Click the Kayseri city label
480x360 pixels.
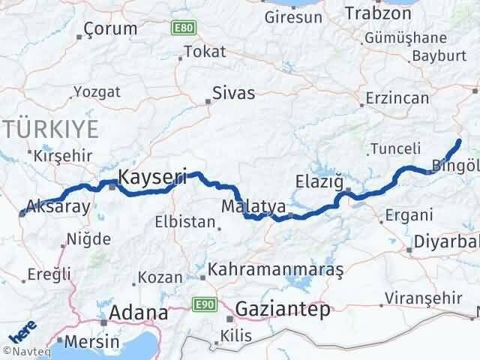point(153,178)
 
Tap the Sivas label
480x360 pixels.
point(233,94)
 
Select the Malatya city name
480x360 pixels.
point(253,205)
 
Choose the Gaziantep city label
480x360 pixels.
point(282,309)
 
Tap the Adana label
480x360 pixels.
point(139,312)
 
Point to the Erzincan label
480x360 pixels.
point(397,97)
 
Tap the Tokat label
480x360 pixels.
point(204,52)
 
